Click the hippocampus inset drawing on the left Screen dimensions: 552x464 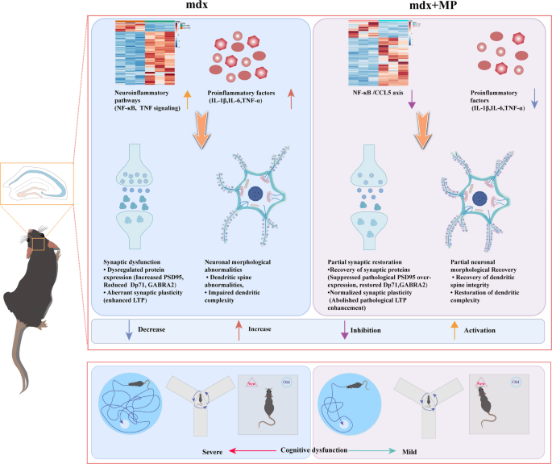(x=35, y=185)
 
